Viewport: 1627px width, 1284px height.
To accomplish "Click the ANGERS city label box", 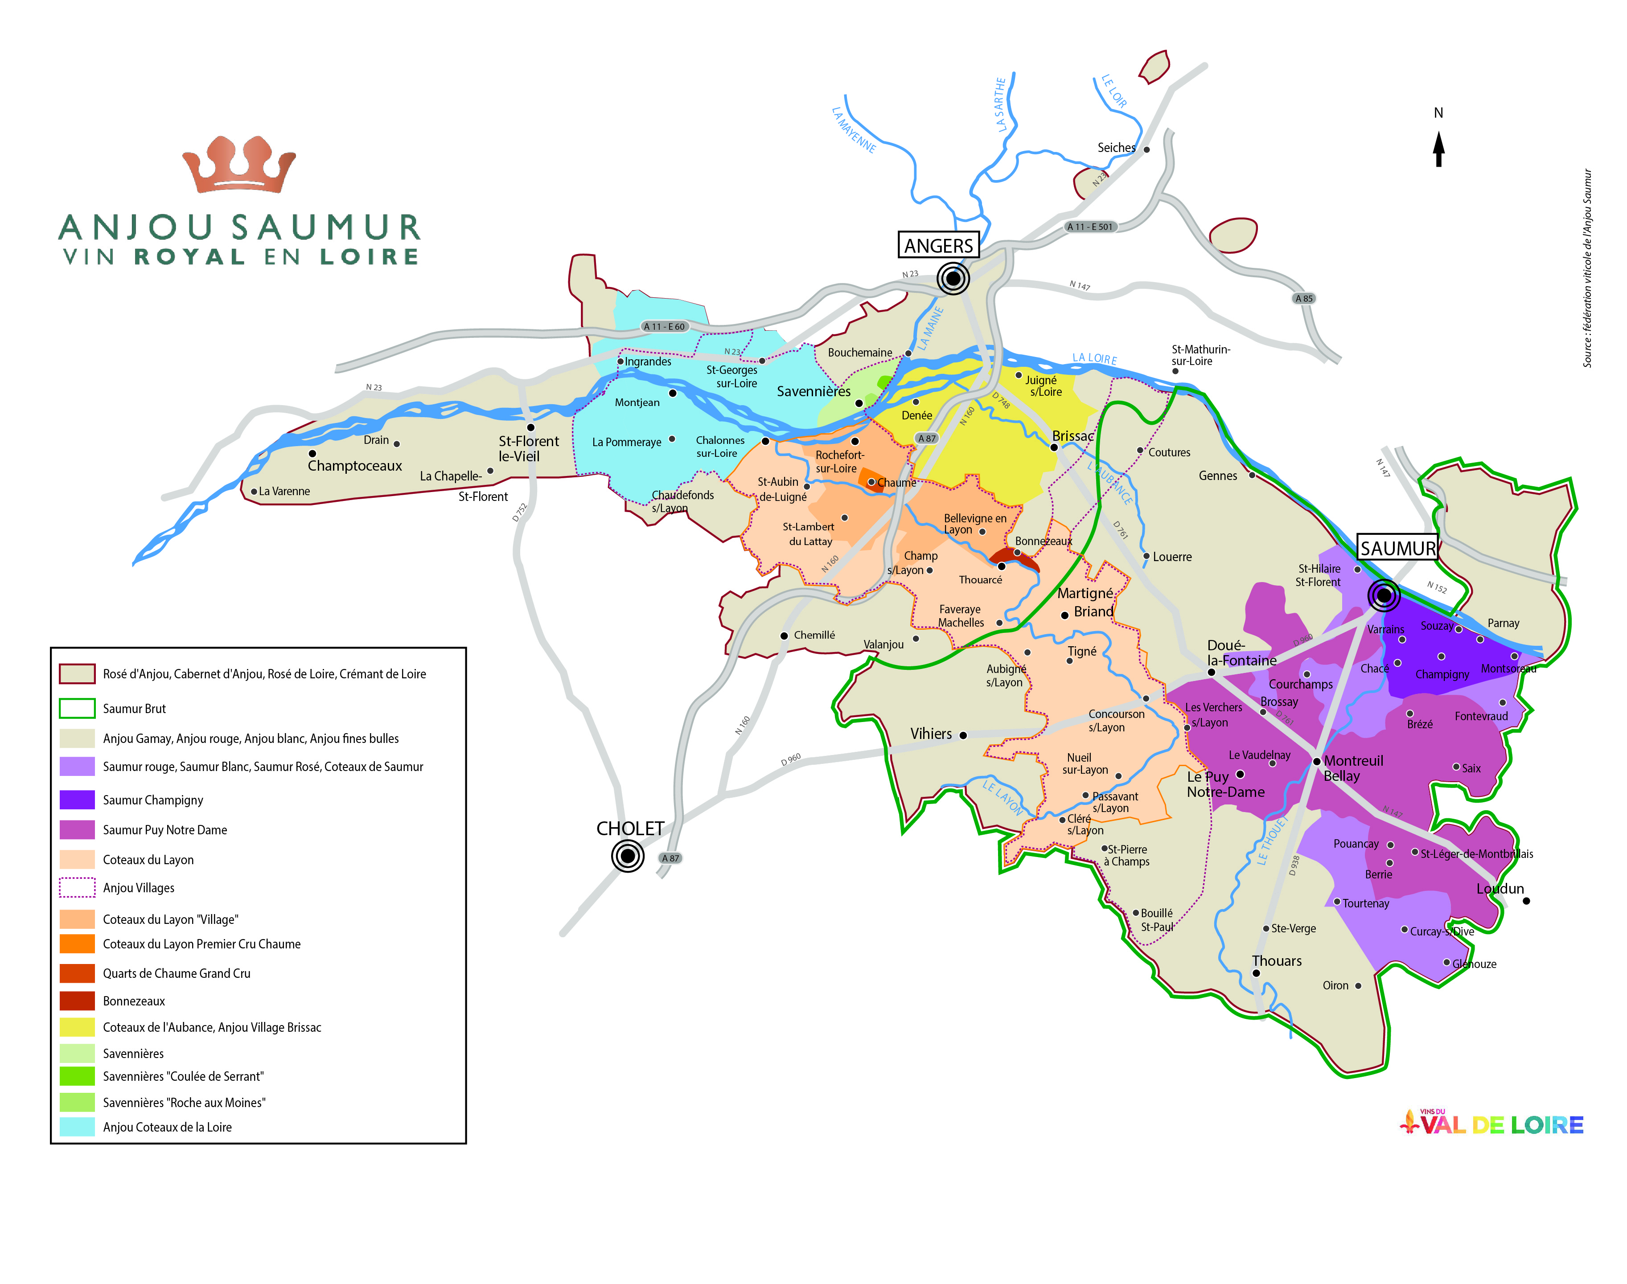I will pos(938,245).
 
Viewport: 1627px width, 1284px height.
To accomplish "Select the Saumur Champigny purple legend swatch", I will pos(77,799).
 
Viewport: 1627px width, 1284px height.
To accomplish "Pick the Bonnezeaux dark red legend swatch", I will pos(77,1001).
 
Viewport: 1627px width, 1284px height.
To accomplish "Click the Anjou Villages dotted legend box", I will pos(77,888).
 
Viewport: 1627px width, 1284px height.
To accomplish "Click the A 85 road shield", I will pos(1304,299).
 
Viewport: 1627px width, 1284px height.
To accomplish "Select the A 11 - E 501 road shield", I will pos(1090,226).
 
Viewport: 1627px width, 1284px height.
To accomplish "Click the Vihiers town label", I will pos(931,734).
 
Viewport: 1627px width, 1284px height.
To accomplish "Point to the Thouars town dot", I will pos(1256,973).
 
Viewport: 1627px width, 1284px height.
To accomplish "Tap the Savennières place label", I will pos(813,391).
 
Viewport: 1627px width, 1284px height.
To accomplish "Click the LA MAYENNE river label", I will pos(853,129).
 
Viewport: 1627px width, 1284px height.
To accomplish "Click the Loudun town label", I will pos(1500,889).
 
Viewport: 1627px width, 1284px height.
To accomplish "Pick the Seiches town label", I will pos(1116,148).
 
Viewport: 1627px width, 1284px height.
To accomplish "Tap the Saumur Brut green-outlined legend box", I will pos(77,708).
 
